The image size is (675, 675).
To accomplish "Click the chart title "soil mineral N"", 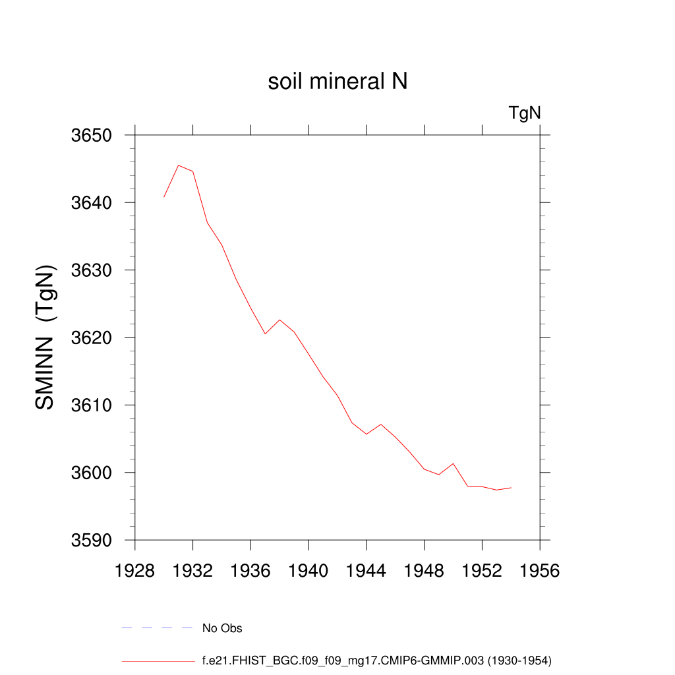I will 337,82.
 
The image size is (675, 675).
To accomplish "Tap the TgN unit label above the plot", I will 525,113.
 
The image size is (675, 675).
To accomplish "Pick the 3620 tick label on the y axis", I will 92,337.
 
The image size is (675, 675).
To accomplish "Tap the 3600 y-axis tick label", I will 92,473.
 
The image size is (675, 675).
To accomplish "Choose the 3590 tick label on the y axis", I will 92,540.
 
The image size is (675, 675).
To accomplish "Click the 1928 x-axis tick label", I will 134,572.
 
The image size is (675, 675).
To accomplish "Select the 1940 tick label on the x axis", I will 308,572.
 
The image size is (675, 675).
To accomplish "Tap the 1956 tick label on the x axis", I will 540,572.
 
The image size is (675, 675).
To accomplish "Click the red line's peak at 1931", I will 179,165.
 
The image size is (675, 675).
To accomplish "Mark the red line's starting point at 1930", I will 164,197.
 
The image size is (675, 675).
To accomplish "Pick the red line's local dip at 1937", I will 265,334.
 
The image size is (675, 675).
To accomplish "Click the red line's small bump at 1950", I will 454,463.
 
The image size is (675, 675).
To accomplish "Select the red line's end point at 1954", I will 511,488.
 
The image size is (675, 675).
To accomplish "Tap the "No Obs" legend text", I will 222,628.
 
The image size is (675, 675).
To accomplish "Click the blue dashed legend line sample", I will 156,628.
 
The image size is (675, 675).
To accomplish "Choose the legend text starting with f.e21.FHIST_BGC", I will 376,660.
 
